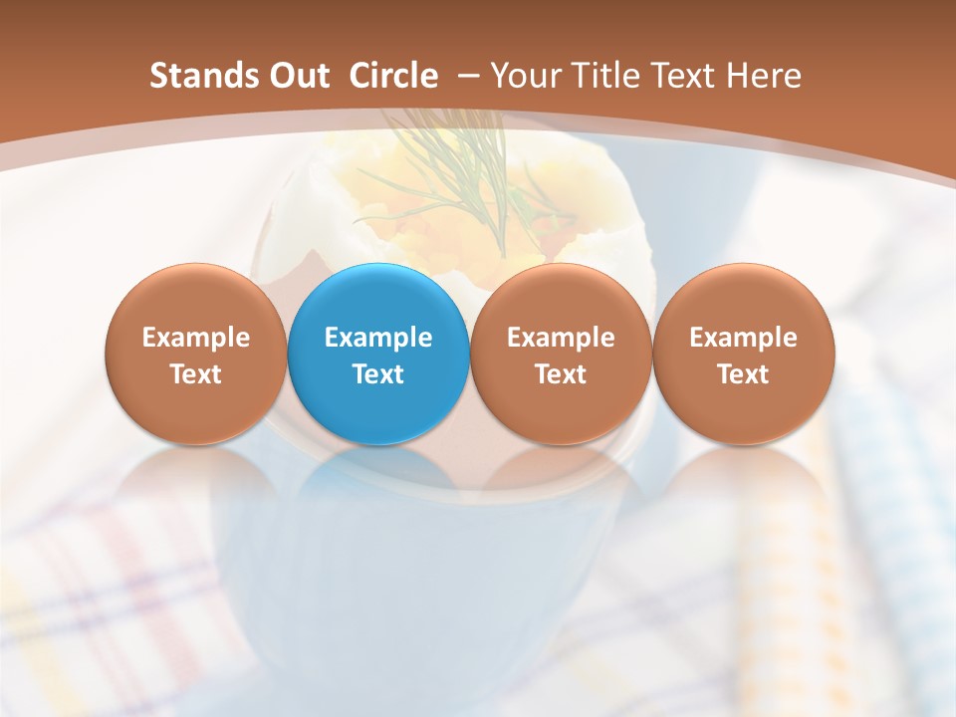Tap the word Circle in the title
(x=393, y=76)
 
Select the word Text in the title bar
(x=685, y=76)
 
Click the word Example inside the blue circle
(x=378, y=338)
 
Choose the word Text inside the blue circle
(x=378, y=374)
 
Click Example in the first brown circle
(x=196, y=338)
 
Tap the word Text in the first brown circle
(x=196, y=374)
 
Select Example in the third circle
(x=561, y=338)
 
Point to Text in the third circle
(x=561, y=374)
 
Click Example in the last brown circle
(x=743, y=338)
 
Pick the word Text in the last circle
(x=743, y=374)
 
